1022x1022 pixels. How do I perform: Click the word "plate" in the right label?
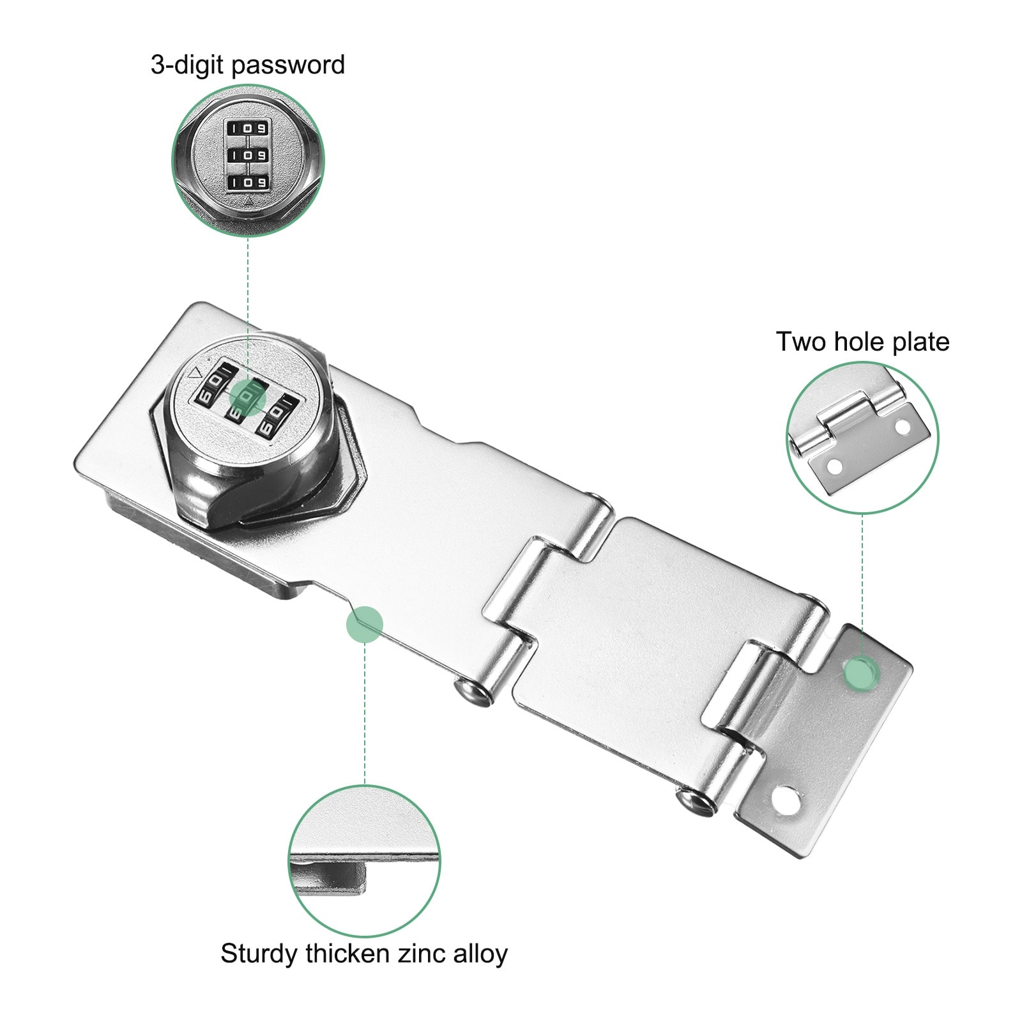tap(920, 343)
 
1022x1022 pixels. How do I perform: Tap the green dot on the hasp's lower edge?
tap(364, 624)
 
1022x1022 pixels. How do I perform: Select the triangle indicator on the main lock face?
tap(196, 374)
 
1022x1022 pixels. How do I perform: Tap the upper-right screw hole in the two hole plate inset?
tap(901, 425)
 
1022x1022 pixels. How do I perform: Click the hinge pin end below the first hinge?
tap(471, 694)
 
